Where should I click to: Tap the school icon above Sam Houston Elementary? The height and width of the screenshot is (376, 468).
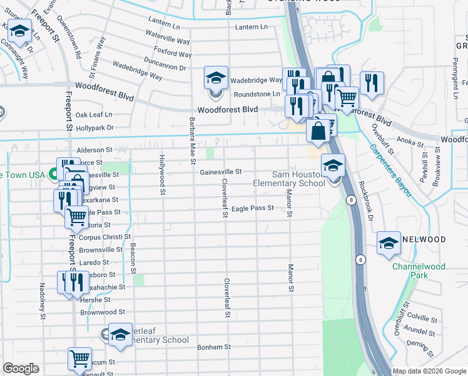(x=333, y=166)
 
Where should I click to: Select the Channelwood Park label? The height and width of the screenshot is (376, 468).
(x=419, y=271)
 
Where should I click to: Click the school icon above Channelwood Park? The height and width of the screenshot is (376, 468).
(x=389, y=244)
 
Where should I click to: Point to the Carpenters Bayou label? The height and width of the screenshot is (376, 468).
(x=389, y=171)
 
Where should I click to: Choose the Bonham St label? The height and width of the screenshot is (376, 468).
(x=215, y=347)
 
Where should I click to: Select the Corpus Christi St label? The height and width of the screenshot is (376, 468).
(x=104, y=237)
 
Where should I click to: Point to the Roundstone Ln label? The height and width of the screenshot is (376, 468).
(x=257, y=94)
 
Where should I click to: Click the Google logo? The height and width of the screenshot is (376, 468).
(x=21, y=368)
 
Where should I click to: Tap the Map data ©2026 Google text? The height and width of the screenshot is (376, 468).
(x=429, y=371)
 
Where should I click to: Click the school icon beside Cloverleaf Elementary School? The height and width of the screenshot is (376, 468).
(x=120, y=334)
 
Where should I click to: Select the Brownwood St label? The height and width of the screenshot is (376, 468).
(x=103, y=311)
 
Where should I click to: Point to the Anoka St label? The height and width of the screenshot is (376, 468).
(x=410, y=142)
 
